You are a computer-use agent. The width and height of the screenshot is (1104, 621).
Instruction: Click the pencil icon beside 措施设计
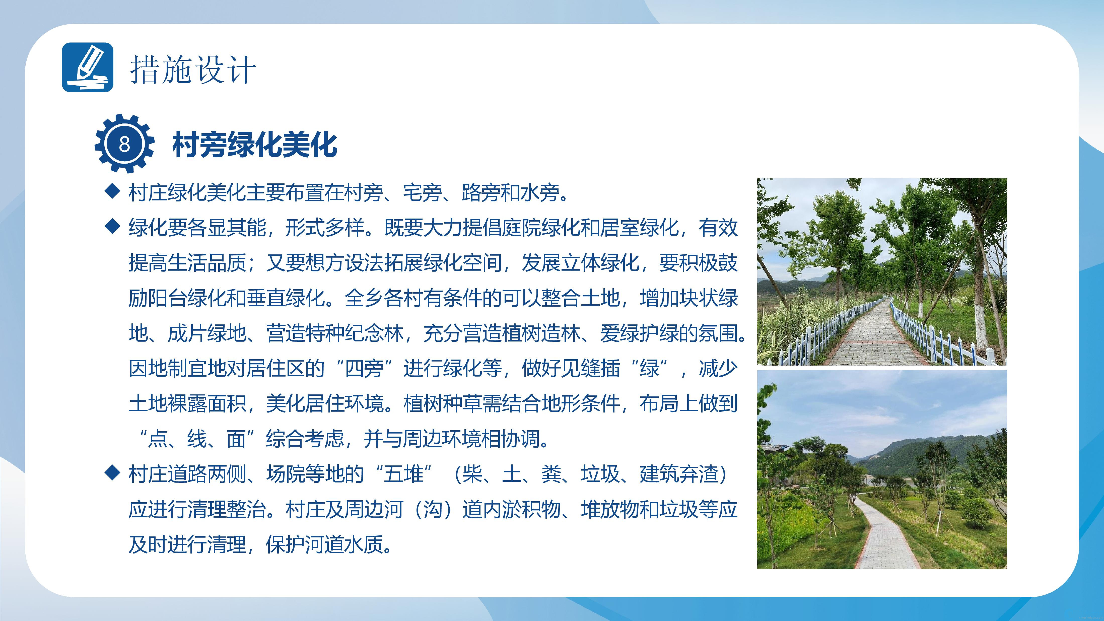click(88, 67)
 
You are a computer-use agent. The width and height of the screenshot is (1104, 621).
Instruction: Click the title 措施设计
click(193, 70)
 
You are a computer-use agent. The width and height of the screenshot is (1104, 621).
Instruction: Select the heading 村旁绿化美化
click(255, 145)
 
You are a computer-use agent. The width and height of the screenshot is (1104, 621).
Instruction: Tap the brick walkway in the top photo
click(874, 338)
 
